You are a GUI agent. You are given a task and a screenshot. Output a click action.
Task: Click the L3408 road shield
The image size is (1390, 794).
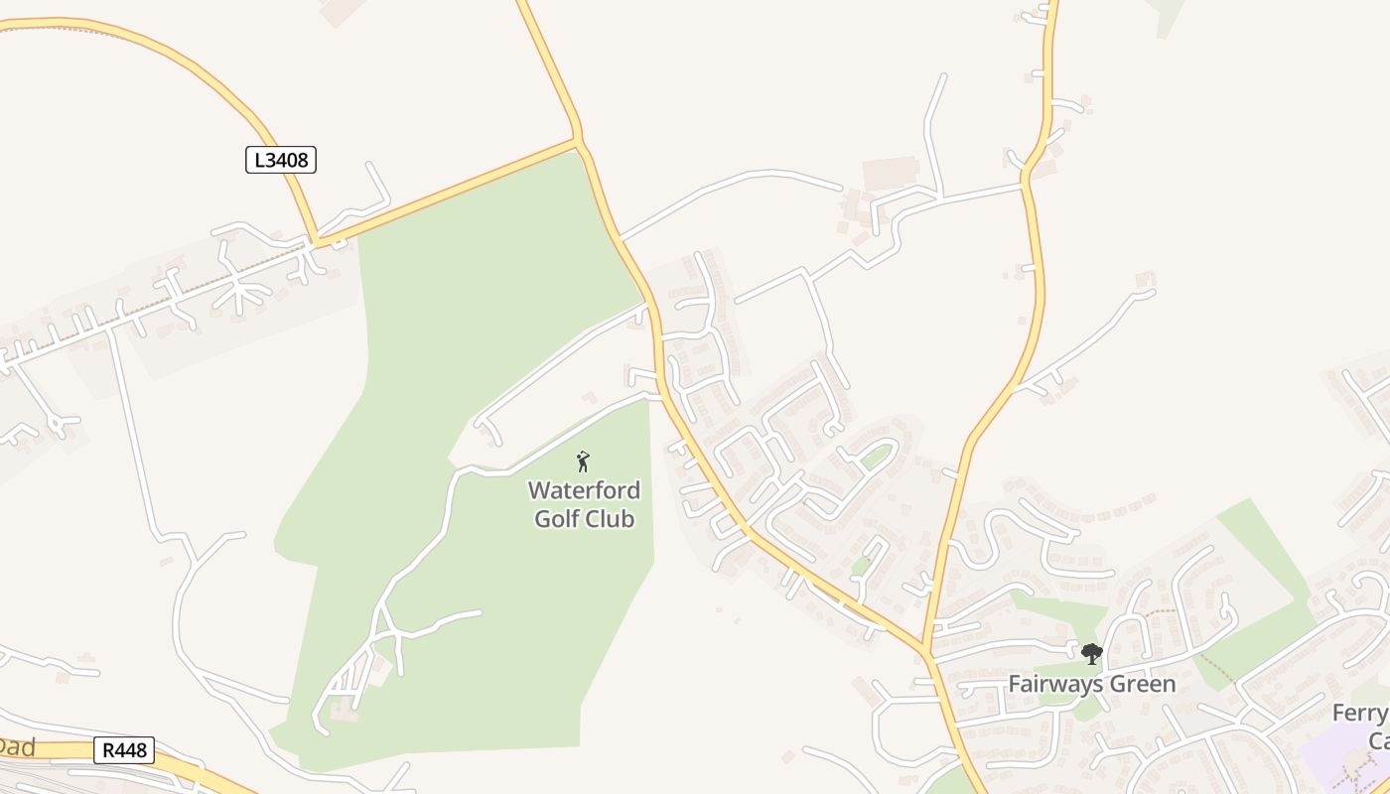click(x=281, y=159)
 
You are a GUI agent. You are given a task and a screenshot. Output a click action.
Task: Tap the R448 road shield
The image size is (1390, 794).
click(x=125, y=749)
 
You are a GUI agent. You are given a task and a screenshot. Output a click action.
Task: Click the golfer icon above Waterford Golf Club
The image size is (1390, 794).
click(x=583, y=462)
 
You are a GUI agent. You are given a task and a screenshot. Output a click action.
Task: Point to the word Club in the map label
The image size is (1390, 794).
click(x=612, y=518)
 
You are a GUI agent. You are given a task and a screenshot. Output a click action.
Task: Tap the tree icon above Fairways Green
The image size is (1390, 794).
click(x=1092, y=653)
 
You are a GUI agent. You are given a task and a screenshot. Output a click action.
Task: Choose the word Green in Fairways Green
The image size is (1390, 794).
click(x=1143, y=684)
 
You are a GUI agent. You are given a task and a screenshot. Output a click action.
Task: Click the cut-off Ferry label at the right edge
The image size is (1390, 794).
click(x=1360, y=714)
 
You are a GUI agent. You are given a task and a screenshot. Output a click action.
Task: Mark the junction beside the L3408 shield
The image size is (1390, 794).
click(x=316, y=241)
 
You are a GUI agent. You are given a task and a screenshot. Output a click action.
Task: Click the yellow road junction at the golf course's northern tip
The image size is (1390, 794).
click(x=578, y=142)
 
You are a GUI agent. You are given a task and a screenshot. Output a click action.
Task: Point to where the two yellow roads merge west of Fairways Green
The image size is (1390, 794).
click(x=926, y=651)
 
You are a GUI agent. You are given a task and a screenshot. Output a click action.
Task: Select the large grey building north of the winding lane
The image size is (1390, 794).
click(x=891, y=174)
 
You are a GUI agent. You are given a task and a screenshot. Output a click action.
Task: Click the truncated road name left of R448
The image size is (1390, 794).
click(x=17, y=746)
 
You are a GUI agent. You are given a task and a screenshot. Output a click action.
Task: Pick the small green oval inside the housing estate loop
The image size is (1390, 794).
click(x=876, y=457)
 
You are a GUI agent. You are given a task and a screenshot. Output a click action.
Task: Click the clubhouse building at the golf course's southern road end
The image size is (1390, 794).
click(x=344, y=710)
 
